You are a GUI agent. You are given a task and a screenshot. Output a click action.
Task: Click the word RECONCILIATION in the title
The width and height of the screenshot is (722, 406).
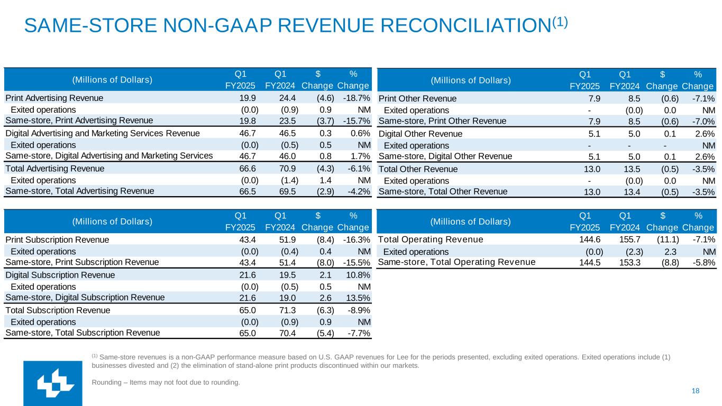point(460,25)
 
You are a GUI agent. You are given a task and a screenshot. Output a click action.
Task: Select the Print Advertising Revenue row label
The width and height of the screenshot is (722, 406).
point(54,98)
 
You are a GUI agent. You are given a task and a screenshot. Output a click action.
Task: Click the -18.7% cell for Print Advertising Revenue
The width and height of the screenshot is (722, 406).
point(356,98)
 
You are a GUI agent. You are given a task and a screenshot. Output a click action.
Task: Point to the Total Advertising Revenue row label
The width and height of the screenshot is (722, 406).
point(54,169)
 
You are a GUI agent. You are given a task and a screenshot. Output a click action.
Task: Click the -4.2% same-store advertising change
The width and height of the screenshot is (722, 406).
point(357,191)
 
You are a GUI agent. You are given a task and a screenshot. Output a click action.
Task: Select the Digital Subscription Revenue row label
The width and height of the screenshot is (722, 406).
point(60,275)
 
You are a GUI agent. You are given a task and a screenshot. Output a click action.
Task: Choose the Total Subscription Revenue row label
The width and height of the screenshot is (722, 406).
point(58,310)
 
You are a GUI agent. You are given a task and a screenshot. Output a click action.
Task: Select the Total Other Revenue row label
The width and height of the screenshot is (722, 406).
point(418,169)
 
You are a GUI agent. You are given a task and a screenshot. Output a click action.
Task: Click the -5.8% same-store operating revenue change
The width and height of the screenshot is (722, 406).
point(702,262)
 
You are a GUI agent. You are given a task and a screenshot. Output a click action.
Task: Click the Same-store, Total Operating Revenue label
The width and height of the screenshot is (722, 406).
point(456,262)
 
